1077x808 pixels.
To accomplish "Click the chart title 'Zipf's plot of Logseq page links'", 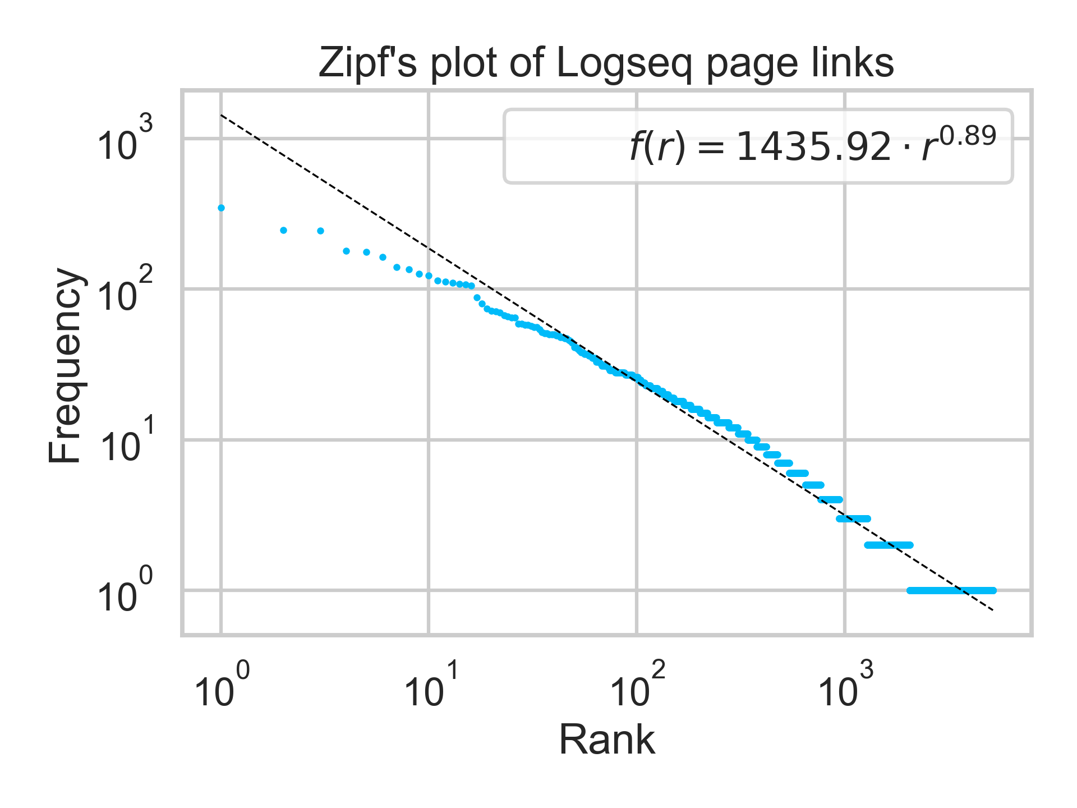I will pos(606,63).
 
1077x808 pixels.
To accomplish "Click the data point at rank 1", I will pos(221,208).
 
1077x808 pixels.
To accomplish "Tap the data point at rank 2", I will pos(283,230).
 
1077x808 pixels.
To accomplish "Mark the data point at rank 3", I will pos(320,231).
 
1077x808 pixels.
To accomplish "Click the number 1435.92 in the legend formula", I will pos(813,148).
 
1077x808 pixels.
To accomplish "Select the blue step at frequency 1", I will pos(951,590).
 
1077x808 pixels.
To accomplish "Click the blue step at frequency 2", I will pos(889,545).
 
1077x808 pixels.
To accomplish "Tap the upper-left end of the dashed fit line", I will pos(222,116).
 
